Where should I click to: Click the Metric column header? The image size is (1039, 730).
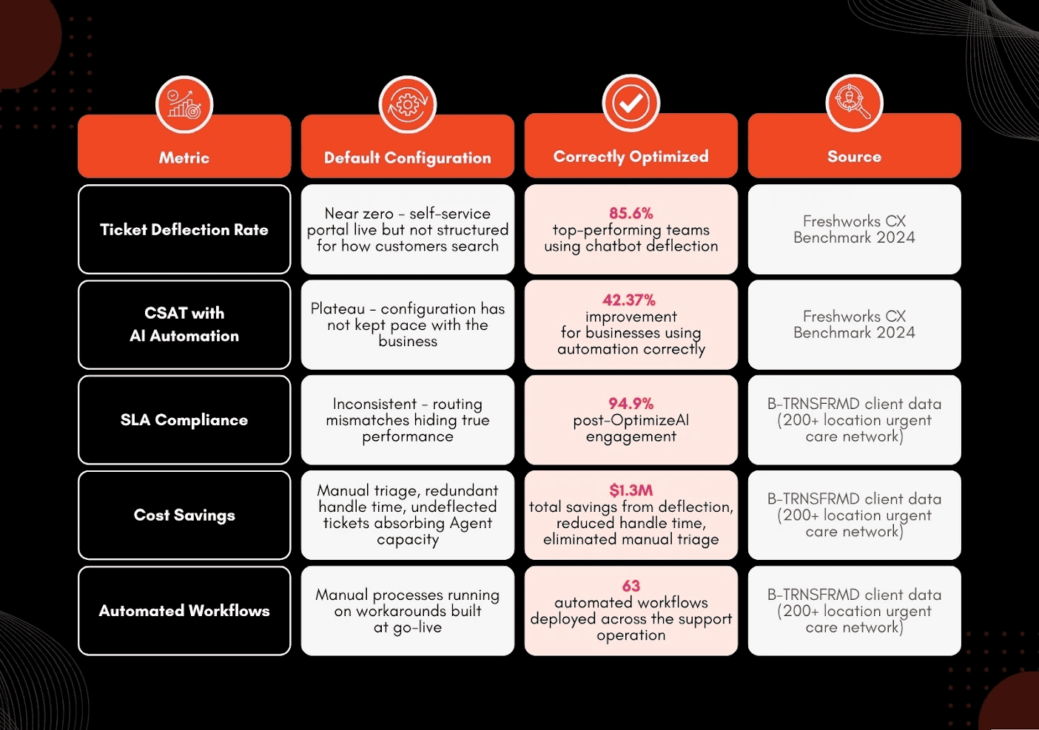point(184,158)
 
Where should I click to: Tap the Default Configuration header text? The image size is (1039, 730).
point(407,158)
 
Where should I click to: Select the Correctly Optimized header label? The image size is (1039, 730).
point(631,157)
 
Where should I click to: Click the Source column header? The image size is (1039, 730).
point(855,156)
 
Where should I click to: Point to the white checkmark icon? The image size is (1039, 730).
point(631,104)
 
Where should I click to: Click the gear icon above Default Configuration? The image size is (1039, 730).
point(407,104)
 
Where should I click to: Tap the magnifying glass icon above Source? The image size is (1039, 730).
point(853,102)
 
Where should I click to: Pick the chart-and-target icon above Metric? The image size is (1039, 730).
point(184,104)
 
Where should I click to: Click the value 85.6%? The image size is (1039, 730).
point(631,213)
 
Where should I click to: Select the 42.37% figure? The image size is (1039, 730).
point(629,300)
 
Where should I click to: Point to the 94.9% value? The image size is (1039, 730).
point(631,403)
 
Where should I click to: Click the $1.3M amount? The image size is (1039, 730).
point(631,490)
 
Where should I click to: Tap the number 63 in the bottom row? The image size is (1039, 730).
point(631,586)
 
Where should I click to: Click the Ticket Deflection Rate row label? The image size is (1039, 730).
point(184,229)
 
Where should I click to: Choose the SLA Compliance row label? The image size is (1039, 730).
point(184,420)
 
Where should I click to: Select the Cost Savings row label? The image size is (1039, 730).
point(184,515)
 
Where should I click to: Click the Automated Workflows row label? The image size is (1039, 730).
point(184,610)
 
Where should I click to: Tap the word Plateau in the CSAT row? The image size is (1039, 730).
point(337,308)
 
